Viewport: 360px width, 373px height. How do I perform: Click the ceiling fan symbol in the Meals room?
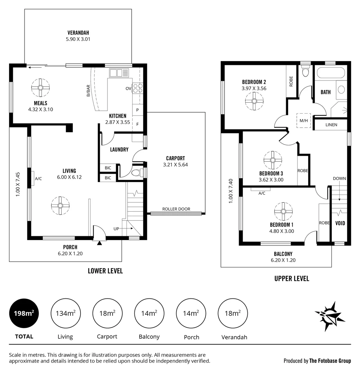coord(40,88)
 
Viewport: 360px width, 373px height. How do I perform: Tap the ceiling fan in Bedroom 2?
coord(254,101)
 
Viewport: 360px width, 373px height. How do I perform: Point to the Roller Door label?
coord(176,209)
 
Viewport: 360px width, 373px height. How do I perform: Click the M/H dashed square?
coord(304,121)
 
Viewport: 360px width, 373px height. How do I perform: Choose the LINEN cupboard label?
coord(331,125)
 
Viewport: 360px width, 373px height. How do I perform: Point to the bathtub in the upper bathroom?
coord(331,73)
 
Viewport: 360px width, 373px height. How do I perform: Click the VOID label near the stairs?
coord(340,223)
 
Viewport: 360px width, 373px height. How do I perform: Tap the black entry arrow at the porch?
coord(100,243)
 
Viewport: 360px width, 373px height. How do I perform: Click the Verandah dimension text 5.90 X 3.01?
coord(78,39)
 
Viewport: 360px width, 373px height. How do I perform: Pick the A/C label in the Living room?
coord(38,179)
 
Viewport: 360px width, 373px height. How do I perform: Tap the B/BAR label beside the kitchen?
coord(88,90)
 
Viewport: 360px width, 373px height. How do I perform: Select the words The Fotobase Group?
coord(330,361)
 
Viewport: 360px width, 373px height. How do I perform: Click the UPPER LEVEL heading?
coord(292,278)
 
